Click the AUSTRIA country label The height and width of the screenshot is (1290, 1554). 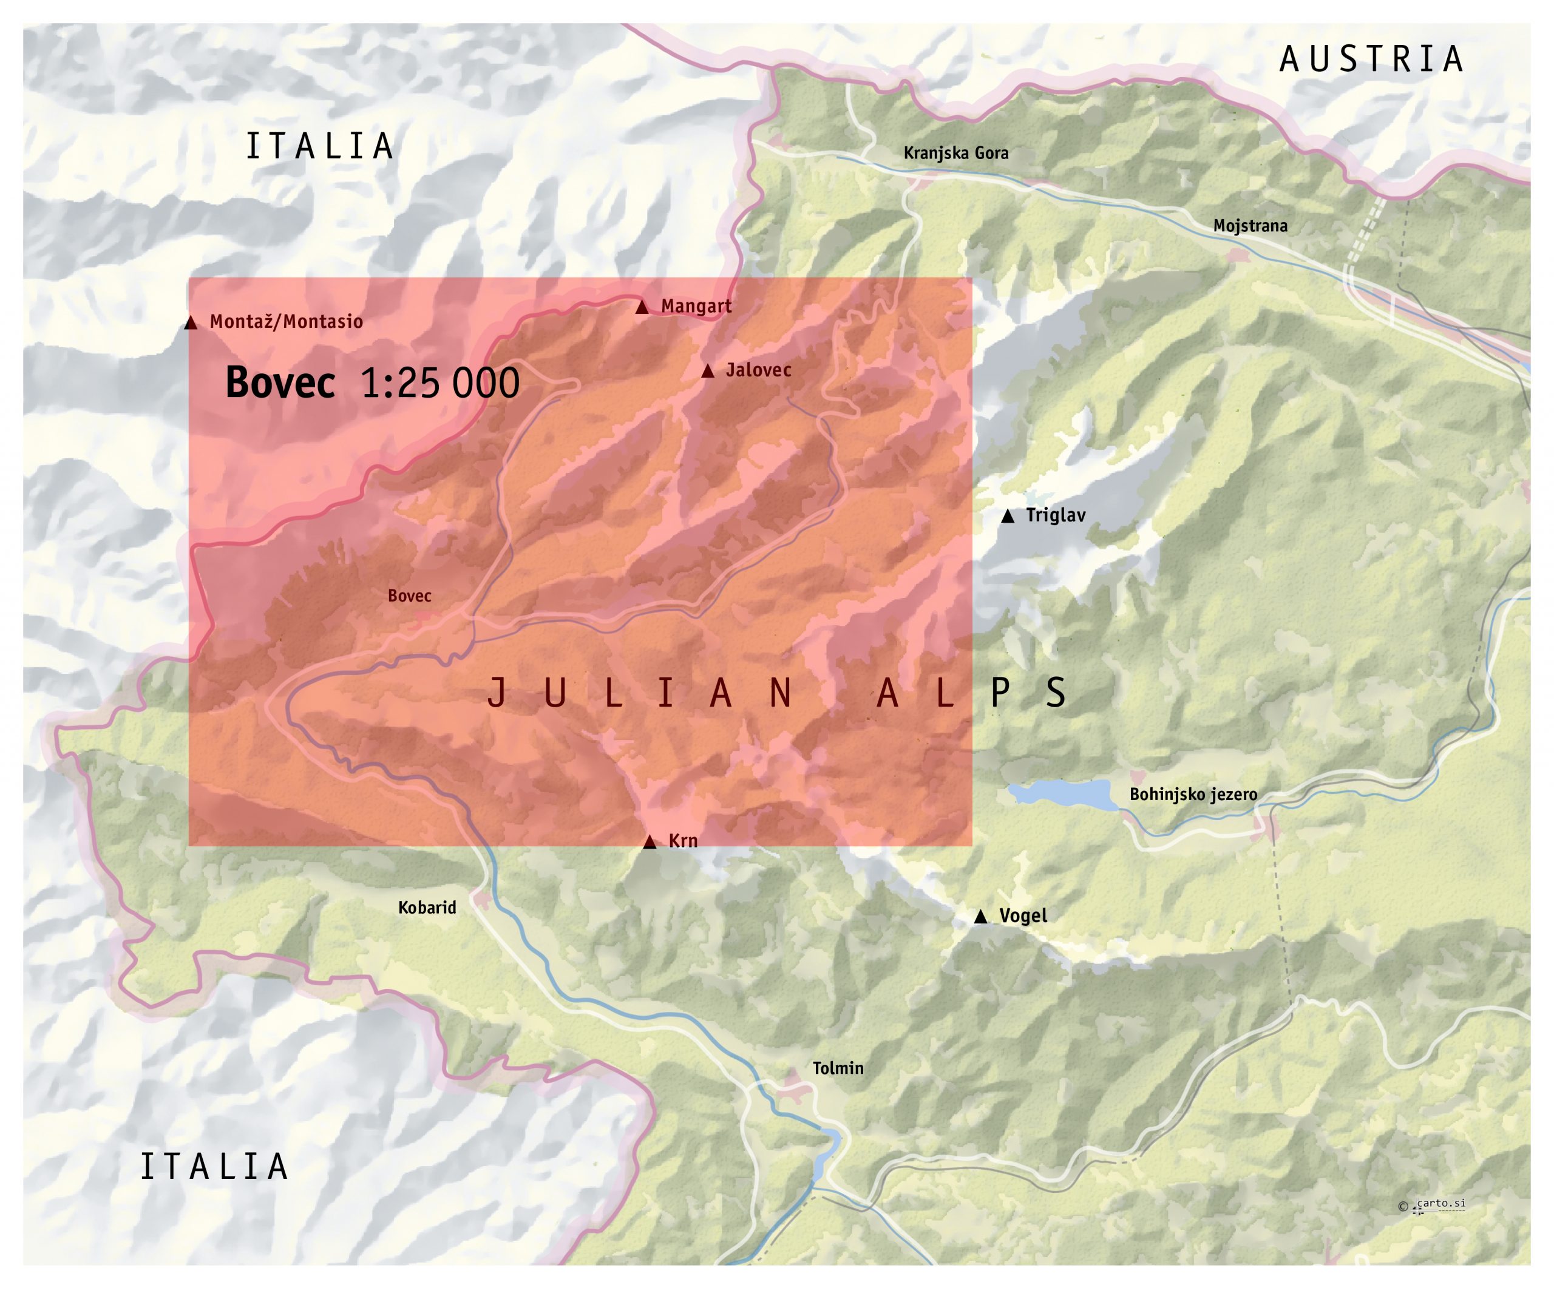click(x=1371, y=60)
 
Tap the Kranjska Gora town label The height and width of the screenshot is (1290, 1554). click(x=955, y=153)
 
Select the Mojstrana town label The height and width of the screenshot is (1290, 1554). click(x=1250, y=226)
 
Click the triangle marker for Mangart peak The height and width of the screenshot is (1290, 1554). click(x=642, y=307)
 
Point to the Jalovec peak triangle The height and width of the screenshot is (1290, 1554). click(x=707, y=371)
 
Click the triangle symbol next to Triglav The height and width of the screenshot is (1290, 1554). click(x=1007, y=517)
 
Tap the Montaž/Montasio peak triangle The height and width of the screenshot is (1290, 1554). click(x=191, y=323)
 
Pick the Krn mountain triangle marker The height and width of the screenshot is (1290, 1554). click(x=650, y=842)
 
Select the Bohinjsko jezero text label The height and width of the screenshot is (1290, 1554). click(x=1193, y=795)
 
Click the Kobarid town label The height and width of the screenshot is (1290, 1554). click(x=427, y=908)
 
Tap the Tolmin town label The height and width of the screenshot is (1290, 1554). click(x=838, y=1068)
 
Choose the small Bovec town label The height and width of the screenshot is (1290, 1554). click(x=409, y=596)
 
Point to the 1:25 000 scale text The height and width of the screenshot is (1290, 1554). click(x=439, y=384)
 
